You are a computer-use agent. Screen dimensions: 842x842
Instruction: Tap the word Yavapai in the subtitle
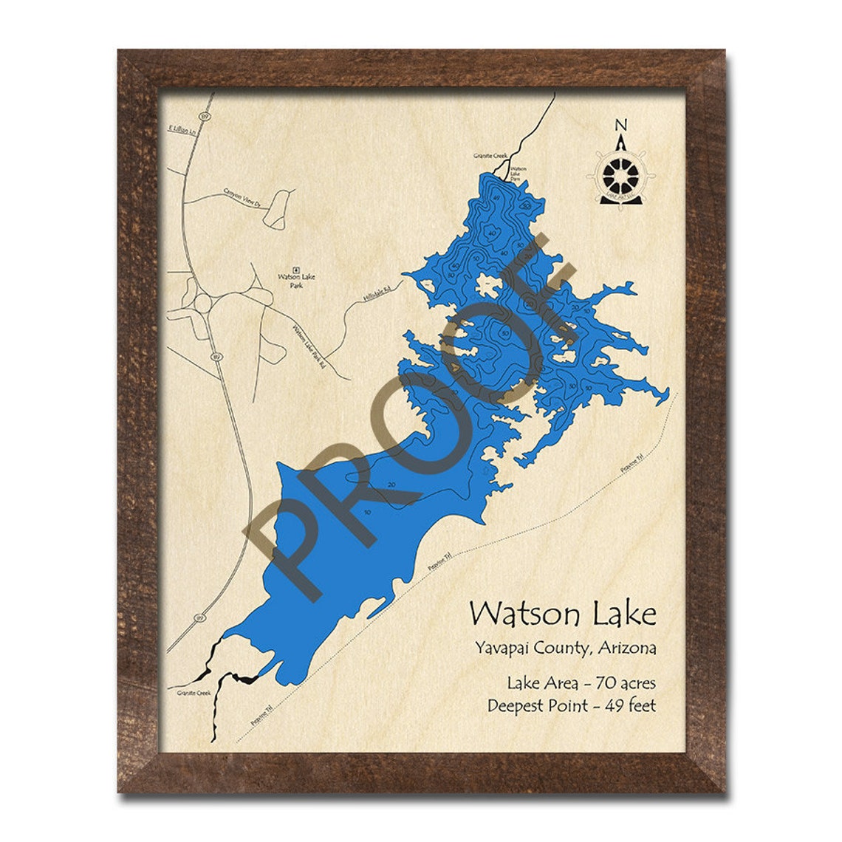(x=499, y=649)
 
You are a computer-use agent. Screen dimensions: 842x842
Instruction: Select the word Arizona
(x=626, y=649)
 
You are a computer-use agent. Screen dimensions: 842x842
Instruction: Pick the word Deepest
(x=517, y=706)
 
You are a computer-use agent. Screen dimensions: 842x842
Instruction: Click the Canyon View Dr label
(x=243, y=197)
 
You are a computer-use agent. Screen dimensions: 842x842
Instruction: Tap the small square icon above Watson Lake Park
(x=296, y=269)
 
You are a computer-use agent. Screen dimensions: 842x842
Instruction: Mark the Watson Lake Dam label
(x=519, y=174)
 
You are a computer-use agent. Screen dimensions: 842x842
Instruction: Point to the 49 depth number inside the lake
(x=496, y=199)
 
